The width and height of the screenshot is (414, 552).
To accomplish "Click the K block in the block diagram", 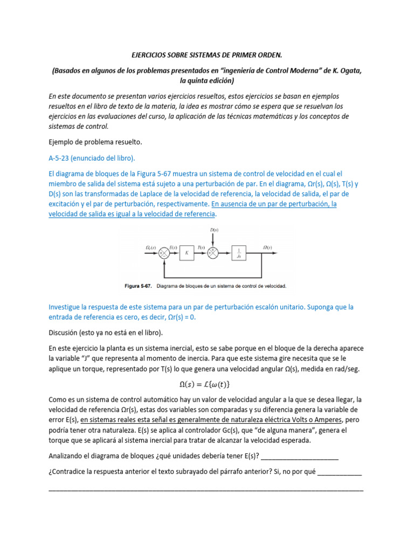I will [187, 252].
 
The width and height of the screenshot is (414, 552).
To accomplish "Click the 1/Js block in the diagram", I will [239, 252].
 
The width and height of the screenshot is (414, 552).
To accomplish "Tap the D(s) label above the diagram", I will [213, 230].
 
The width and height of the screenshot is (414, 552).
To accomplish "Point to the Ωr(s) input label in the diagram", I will [151, 247].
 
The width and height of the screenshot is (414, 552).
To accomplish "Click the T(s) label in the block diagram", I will [201, 247].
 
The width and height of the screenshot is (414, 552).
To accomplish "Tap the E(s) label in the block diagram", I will [172, 247].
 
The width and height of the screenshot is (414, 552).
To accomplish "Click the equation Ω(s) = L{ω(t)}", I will [207, 384].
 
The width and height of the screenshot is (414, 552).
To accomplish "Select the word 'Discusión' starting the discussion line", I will [65, 333].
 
